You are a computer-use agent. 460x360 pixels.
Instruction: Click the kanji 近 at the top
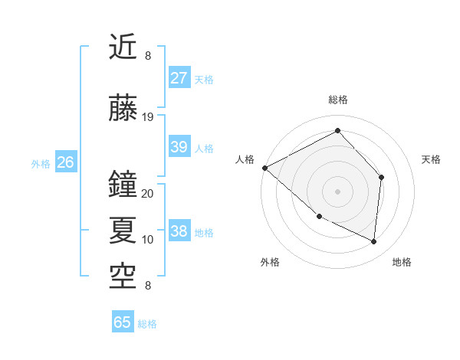click(124, 48)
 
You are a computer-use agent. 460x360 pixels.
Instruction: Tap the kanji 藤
click(124, 109)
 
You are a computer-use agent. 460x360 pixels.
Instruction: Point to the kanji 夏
click(124, 227)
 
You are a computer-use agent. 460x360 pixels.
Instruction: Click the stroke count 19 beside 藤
click(148, 116)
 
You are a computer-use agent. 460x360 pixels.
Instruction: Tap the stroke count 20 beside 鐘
click(148, 194)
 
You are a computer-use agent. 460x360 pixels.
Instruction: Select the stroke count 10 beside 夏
click(148, 240)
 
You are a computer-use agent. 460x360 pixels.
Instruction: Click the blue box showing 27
click(179, 77)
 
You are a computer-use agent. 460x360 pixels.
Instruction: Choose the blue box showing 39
click(179, 147)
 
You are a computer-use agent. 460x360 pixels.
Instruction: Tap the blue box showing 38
click(179, 231)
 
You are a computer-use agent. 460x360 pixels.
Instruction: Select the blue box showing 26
click(65, 162)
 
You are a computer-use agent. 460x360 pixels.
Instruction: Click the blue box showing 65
click(123, 322)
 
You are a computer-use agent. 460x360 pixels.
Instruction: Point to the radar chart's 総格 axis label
click(337, 100)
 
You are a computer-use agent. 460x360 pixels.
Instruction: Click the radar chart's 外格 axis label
click(270, 262)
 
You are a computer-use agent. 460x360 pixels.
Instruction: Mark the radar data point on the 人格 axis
click(264, 168)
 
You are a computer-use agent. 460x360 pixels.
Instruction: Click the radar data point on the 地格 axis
click(374, 242)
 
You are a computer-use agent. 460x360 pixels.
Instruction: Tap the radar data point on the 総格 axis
click(337, 131)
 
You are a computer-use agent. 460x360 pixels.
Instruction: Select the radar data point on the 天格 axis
click(382, 178)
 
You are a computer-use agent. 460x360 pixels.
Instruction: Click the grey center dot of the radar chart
click(337, 191)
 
